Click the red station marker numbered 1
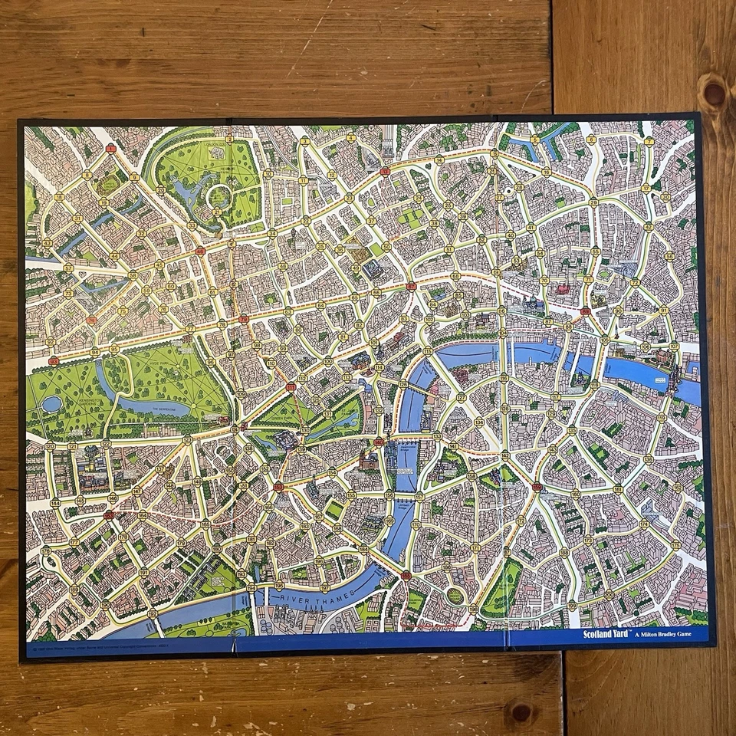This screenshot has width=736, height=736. (111, 148)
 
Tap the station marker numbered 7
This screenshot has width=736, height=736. (649, 142)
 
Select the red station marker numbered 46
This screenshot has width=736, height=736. (200, 251)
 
